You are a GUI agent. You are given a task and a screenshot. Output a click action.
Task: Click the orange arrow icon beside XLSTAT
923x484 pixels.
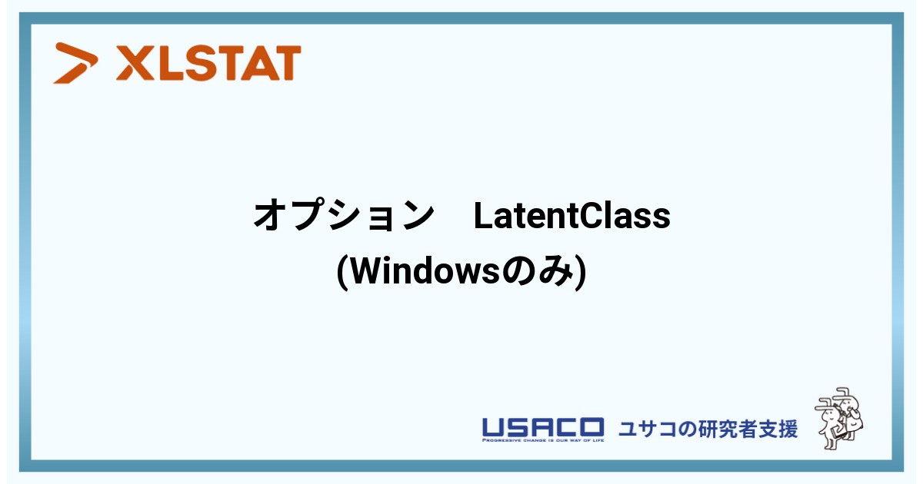[x=75, y=63]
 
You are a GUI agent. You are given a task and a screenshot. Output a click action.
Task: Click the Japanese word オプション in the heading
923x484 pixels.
[x=344, y=215]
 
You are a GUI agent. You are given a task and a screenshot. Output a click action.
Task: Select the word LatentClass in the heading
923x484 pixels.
[x=572, y=216]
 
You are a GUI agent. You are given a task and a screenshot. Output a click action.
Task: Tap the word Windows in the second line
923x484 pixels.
[x=425, y=272]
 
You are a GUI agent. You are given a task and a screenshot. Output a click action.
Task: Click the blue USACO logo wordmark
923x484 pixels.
[x=543, y=427]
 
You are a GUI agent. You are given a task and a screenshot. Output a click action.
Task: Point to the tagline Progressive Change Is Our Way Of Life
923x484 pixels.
[x=543, y=440]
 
